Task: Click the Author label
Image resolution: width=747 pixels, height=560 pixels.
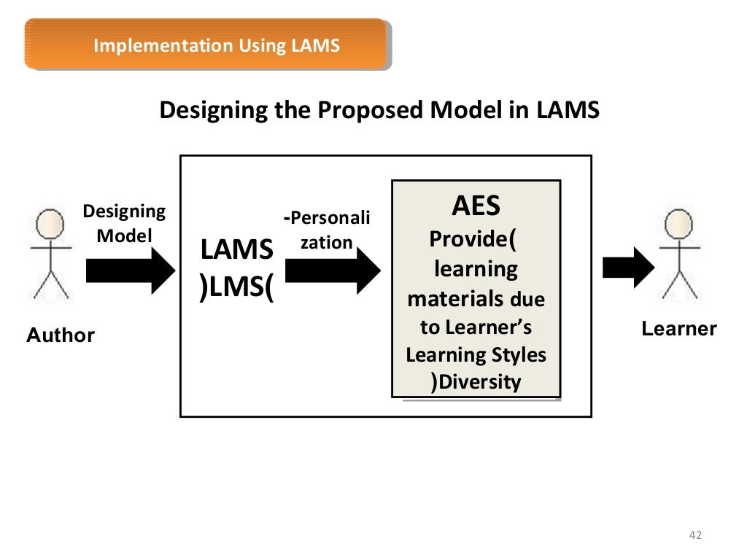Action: (x=61, y=335)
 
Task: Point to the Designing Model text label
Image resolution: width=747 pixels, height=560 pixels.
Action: (x=124, y=224)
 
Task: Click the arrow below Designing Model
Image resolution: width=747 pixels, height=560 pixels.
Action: (x=131, y=270)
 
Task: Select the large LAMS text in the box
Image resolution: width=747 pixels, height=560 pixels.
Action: (x=236, y=250)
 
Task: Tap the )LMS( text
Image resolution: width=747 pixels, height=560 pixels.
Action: (x=236, y=287)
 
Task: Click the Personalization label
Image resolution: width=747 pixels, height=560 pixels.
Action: (x=327, y=230)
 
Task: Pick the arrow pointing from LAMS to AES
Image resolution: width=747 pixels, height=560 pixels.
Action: (x=333, y=270)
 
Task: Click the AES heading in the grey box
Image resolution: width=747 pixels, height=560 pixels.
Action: (x=476, y=206)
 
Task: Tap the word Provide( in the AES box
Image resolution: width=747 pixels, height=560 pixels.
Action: (x=476, y=239)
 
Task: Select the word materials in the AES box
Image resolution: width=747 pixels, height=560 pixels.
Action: (x=455, y=298)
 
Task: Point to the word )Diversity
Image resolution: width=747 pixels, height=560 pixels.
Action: (x=476, y=382)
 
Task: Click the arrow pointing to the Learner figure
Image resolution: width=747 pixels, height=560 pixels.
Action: (x=628, y=268)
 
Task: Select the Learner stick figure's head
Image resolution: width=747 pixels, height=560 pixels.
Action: (x=678, y=221)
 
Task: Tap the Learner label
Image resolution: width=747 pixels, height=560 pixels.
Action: (x=679, y=329)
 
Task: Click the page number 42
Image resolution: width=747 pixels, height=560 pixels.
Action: (x=694, y=536)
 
